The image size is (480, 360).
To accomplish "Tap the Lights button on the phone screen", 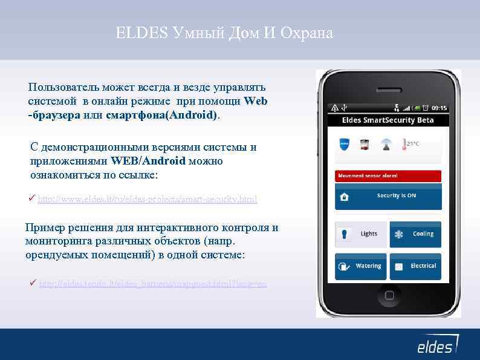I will pos(362,234).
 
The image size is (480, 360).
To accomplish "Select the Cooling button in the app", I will pos(415,234).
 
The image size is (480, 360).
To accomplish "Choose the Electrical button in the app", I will pos(415,266).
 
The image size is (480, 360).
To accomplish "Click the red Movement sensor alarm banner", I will pos(388,175).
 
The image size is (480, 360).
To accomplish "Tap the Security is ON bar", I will pos(388,196).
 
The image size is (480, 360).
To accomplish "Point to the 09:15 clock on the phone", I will pos(439,108).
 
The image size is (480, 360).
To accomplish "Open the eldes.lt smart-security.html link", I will pos(147,199).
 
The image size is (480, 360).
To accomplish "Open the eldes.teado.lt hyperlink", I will pos(152,284).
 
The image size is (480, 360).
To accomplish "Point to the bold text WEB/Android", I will pos(149,161).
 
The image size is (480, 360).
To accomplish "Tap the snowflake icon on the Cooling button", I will pos(399,234).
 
